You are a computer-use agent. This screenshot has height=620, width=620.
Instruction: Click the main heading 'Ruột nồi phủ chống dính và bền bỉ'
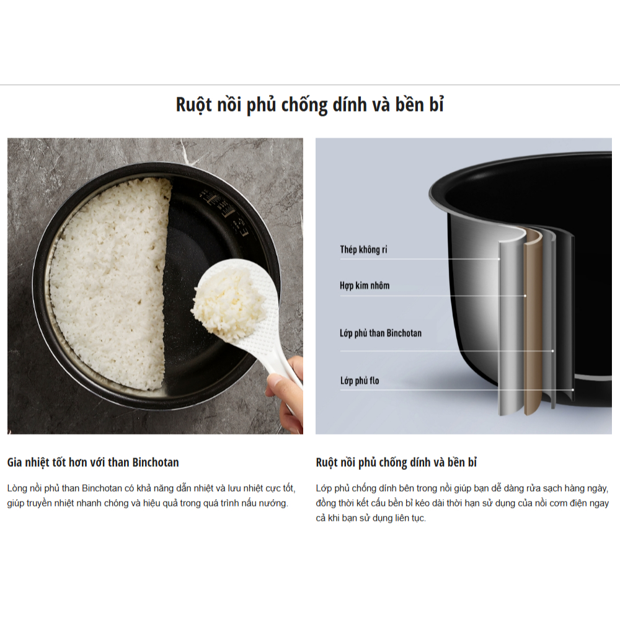(x=310, y=105)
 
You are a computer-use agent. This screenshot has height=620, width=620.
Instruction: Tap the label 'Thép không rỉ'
(x=363, y=249)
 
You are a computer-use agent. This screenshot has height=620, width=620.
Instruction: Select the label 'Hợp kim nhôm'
(x=365, y=285)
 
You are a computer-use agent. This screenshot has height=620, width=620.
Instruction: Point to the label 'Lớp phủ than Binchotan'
(x=381, y=333)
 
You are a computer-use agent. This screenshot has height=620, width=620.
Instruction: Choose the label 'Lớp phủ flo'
(x=360, y=381)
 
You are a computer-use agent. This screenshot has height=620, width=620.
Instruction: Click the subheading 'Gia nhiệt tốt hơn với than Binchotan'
(x=93, y=463)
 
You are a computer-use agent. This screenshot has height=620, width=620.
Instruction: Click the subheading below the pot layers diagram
(x=396, y=463)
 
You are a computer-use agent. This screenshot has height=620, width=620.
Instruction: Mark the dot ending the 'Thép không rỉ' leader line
(x=499, y=259)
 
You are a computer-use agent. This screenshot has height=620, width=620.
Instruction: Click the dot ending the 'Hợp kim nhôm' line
(x=525, y=296)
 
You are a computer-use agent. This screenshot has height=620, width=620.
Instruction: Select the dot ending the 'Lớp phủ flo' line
(x=572, y=390)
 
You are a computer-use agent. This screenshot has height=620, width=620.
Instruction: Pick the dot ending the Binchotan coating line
(x=552, y=351)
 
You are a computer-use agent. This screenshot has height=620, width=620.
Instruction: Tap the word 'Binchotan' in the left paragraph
(x=102, y=489)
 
